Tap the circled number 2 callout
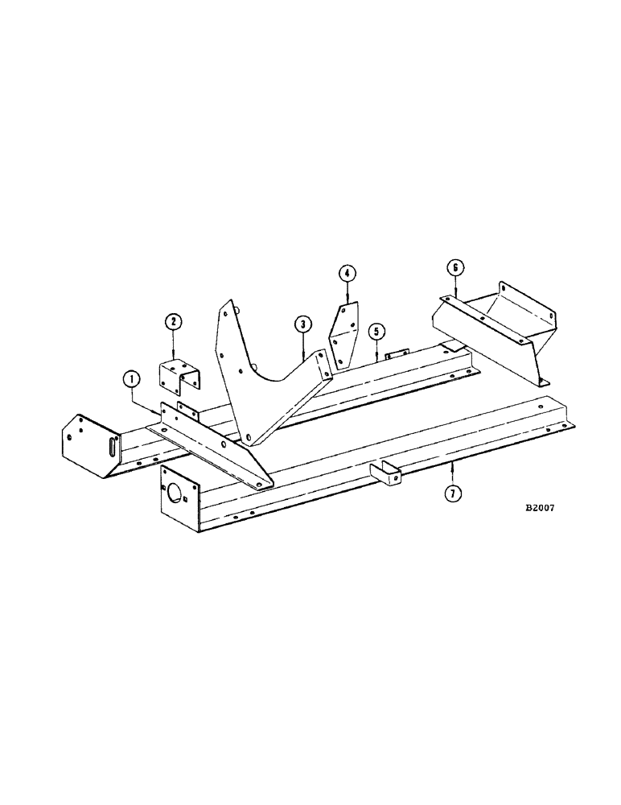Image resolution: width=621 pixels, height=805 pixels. (x=174, y=323)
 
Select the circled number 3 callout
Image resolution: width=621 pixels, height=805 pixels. (x=302, y=324)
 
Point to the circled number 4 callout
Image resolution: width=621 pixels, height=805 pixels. (x=346, y=274)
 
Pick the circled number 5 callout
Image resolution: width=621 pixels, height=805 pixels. (x=376, y=331)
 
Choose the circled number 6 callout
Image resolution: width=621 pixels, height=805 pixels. (x=454, y=267)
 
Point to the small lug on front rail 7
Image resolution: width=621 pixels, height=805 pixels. (x=386, y=474)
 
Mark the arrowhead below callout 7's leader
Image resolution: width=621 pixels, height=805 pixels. (x=453, y=467)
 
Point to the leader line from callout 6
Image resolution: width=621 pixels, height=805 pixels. (x=454, y=287)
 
